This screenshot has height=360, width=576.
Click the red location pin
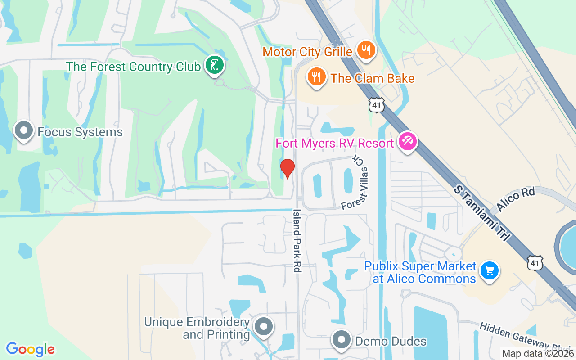coord(287,168)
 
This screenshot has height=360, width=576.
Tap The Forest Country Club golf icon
coord(215,65)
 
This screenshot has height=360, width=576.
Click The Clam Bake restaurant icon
coord(317,76)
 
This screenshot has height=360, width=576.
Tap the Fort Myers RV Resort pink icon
coord(408,142)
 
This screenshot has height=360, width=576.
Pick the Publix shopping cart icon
coord(489,271)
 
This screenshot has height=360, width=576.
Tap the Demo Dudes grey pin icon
coord(342,339)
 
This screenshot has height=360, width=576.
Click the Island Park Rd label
coord(297,240)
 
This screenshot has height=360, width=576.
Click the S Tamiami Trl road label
coord(481,214)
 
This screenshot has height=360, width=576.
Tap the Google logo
coord(31,349)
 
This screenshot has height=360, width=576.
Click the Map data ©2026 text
coord(538,354)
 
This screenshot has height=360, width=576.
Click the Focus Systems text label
coord(80,132)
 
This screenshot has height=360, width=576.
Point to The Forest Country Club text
coord(133,67)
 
